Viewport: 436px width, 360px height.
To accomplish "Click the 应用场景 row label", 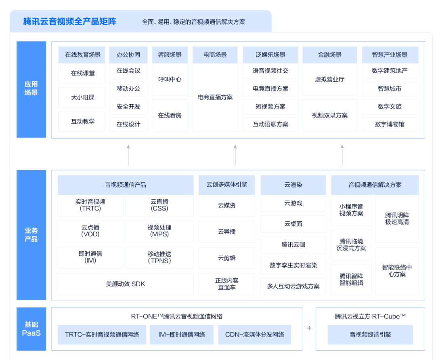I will click(31, 89).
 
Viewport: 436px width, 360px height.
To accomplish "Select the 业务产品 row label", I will click(31, 235).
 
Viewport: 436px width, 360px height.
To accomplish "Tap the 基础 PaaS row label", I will click(31, 329).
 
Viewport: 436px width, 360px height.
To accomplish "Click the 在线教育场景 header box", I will click(82, 55).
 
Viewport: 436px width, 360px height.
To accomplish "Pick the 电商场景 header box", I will click(215, 55).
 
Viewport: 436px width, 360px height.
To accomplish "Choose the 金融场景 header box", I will click(329, 55).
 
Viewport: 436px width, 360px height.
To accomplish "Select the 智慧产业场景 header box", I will click(390, 55).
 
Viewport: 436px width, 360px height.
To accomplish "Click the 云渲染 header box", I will click(293, 185).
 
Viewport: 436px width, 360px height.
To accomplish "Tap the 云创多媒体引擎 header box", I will click(226, 185).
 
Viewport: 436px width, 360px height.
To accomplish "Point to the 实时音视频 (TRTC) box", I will click(90, 205).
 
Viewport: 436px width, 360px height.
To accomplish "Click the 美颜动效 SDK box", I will click(125, 284).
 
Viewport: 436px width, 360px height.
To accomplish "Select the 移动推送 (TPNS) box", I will click(159, 257).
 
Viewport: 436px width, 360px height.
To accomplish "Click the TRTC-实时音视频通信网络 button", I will click(102, 335).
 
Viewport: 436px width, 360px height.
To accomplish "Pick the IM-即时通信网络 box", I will click(181, 335).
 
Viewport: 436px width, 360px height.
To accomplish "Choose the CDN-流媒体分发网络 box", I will click(254, 335).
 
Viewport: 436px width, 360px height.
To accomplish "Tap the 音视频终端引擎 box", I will click(370, 335).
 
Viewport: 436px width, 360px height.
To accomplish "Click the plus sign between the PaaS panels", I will click(309, 328).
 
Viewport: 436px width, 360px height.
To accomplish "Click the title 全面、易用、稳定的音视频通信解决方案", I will click(193, 22).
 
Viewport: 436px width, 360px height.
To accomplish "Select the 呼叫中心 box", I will click(170, 80).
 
